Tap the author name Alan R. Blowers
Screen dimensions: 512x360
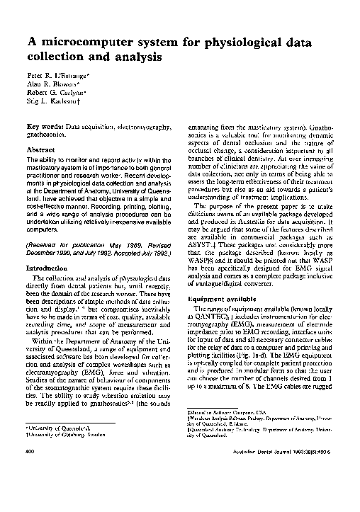(x=52, y=83)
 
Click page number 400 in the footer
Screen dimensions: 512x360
(x=30, y=489)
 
